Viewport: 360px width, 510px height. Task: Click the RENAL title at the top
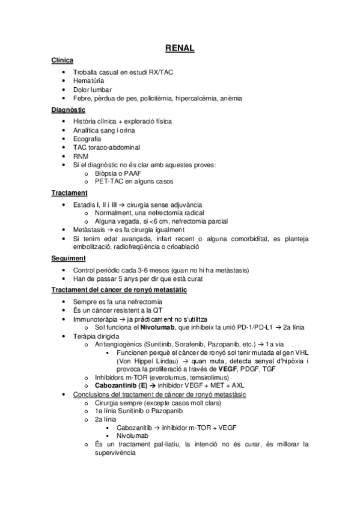[180, 48]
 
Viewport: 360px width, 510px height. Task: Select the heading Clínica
[63, 61]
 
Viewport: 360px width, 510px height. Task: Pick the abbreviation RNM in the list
[81, 156]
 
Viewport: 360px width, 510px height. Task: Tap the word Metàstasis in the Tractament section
[90, 230]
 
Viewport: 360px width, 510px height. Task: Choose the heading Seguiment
[69, 259]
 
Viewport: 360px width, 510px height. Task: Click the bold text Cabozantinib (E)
[118, 385]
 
